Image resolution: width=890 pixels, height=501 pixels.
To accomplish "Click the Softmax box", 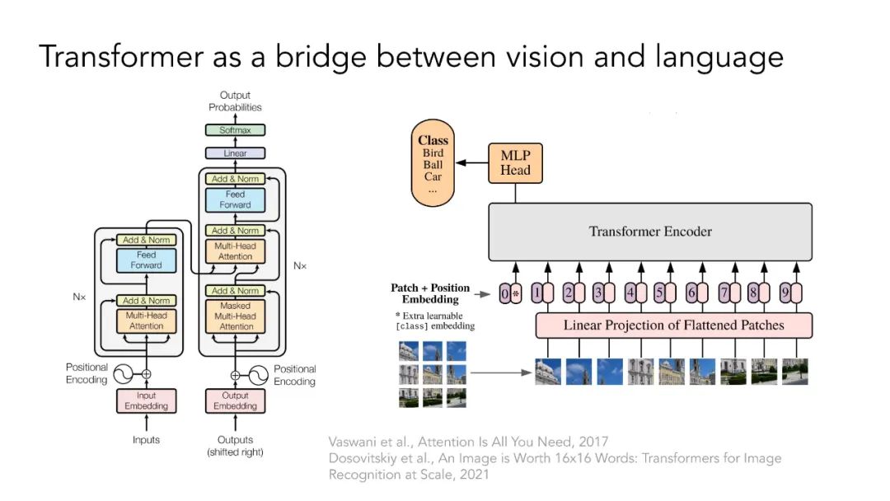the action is (235, 130).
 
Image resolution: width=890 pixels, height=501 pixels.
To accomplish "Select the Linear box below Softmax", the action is (235, 153).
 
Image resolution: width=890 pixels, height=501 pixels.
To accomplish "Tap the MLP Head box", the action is (515, 163).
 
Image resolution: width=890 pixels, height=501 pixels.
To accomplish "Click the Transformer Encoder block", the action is (650, 232).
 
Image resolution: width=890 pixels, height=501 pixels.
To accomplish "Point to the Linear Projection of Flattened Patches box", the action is (674, 325).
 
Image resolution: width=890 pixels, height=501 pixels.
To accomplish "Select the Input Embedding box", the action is (147, 400).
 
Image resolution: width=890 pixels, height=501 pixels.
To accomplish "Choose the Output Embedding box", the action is (235, 400).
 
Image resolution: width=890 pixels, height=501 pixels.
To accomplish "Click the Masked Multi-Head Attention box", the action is (235, 316).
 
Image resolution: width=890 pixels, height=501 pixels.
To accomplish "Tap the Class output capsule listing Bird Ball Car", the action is (433, 163).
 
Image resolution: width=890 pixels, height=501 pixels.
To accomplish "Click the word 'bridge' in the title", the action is (321, 58).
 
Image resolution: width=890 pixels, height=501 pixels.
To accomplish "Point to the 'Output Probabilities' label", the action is (235, 101).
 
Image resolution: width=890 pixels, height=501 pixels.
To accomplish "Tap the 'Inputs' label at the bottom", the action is (147, 440).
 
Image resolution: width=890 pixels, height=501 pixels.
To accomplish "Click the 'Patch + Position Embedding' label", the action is (430, 293).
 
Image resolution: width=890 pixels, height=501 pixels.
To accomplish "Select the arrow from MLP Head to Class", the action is (472, 163).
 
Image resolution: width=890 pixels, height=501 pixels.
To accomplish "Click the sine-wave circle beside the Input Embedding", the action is (123, 374).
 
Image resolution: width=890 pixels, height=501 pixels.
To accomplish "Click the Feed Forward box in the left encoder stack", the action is (147, 260).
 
